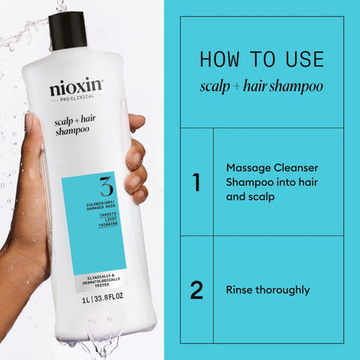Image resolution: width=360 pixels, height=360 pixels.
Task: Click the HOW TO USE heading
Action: (x=261, y=60)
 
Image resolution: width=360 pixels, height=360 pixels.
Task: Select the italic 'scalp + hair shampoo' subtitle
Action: (x=261, y=86)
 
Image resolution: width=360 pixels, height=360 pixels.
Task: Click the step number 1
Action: (x=196, y=182)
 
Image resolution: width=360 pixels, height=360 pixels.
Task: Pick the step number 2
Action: (x=196, y=291)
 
